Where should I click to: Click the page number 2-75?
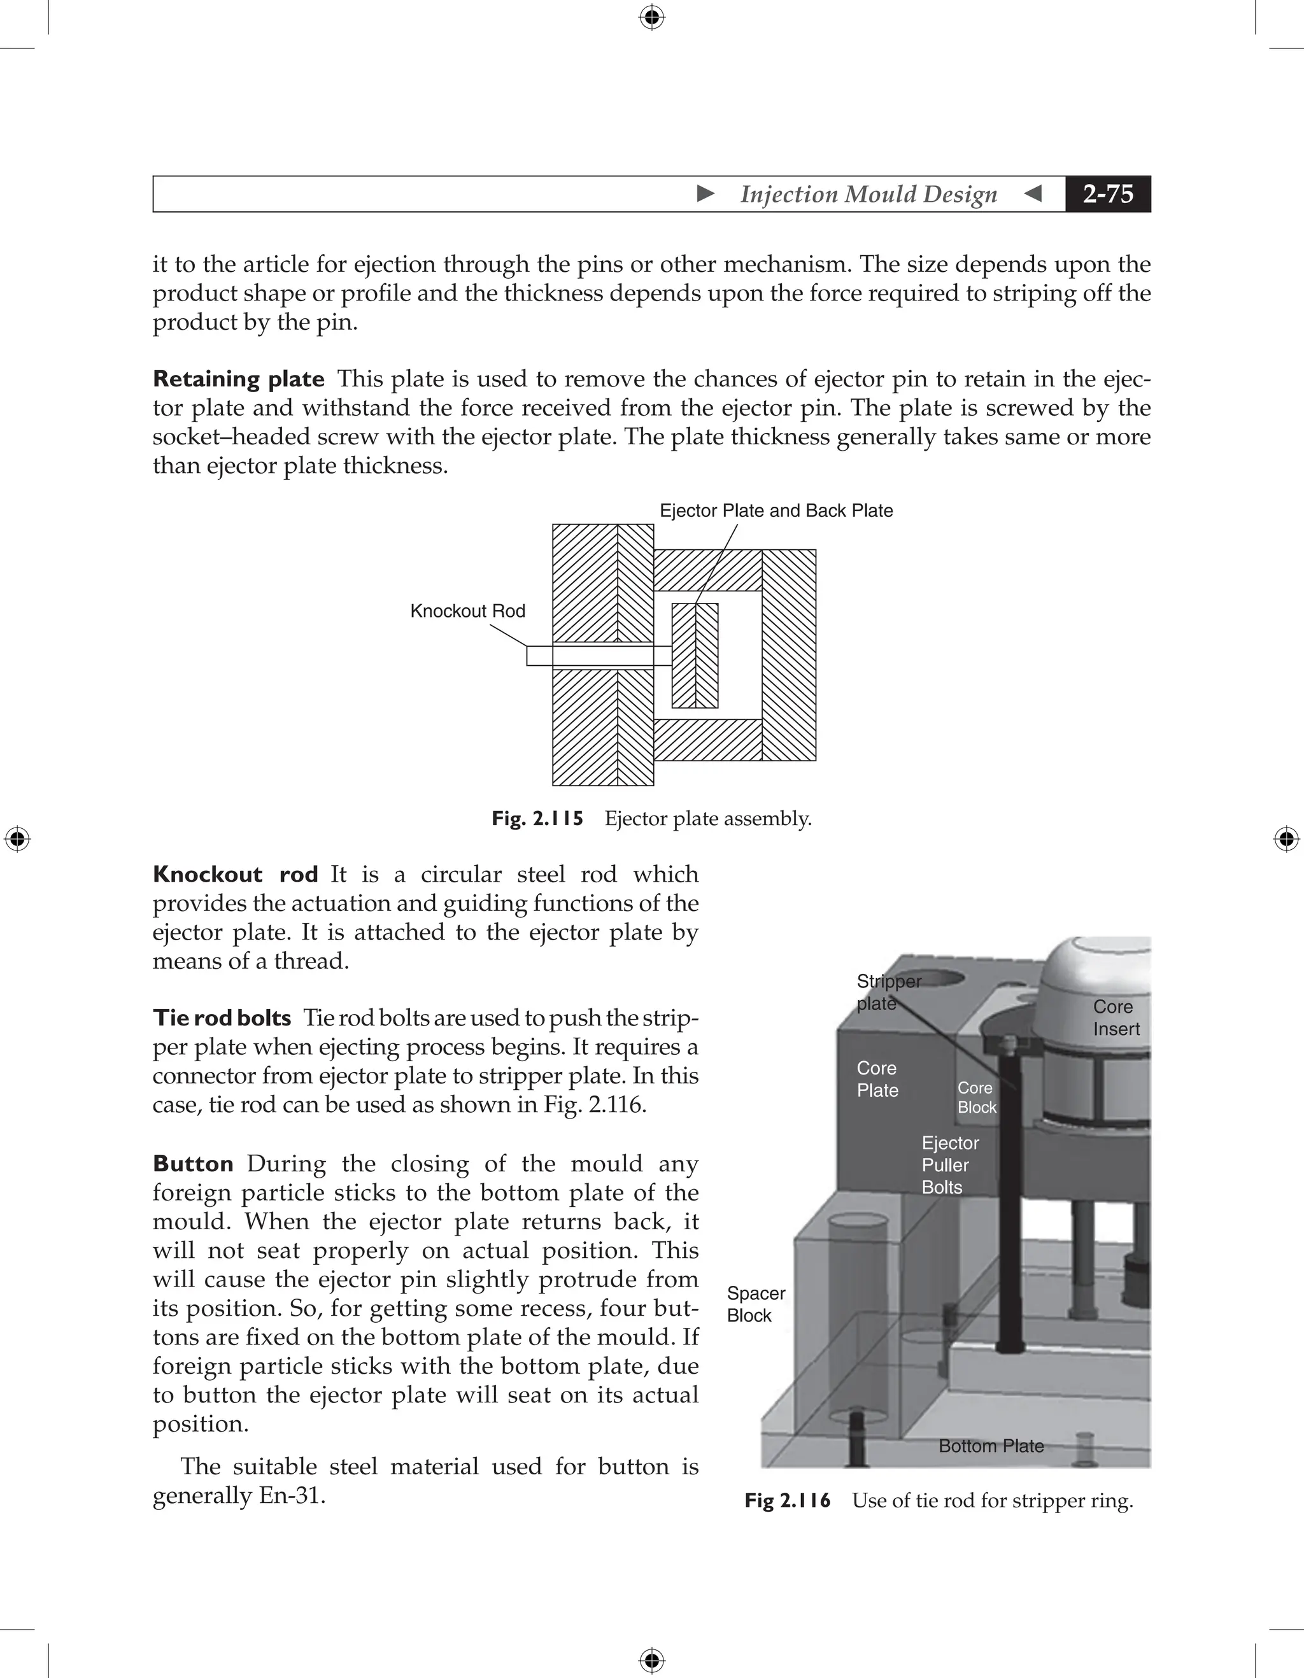tap(1107, 194)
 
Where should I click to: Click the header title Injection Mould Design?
tap(868, 194)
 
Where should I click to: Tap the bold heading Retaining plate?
tap(238, 379)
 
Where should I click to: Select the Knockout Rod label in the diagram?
tap(467, 611)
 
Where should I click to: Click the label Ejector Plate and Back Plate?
tap(776, 511)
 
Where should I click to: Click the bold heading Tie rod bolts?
tap(222, 1018)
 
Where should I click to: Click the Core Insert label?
tap(1116, 1017)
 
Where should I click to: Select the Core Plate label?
tap(877, 1079)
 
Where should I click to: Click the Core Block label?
tap(976, 1097)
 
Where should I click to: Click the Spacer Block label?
tap(755, 1304)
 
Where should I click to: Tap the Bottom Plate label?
tap(991, 1446)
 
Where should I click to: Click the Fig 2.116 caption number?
tap(788, 1500)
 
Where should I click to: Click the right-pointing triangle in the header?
tap(705, 194)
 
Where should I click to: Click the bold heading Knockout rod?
tap(235, 875)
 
